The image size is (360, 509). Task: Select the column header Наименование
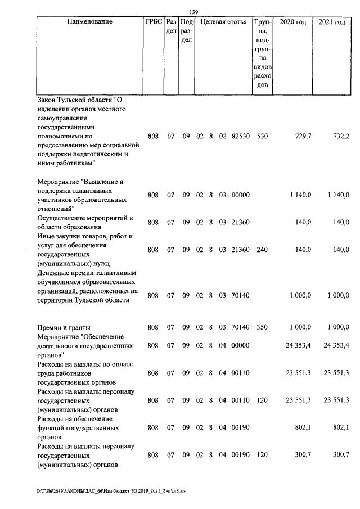pyautogui.click(x=89, y=22)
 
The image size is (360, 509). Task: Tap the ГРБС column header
pyautogui.click(x=154, y=22)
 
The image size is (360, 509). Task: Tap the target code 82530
pyautogui.click(x=241, y=136)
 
